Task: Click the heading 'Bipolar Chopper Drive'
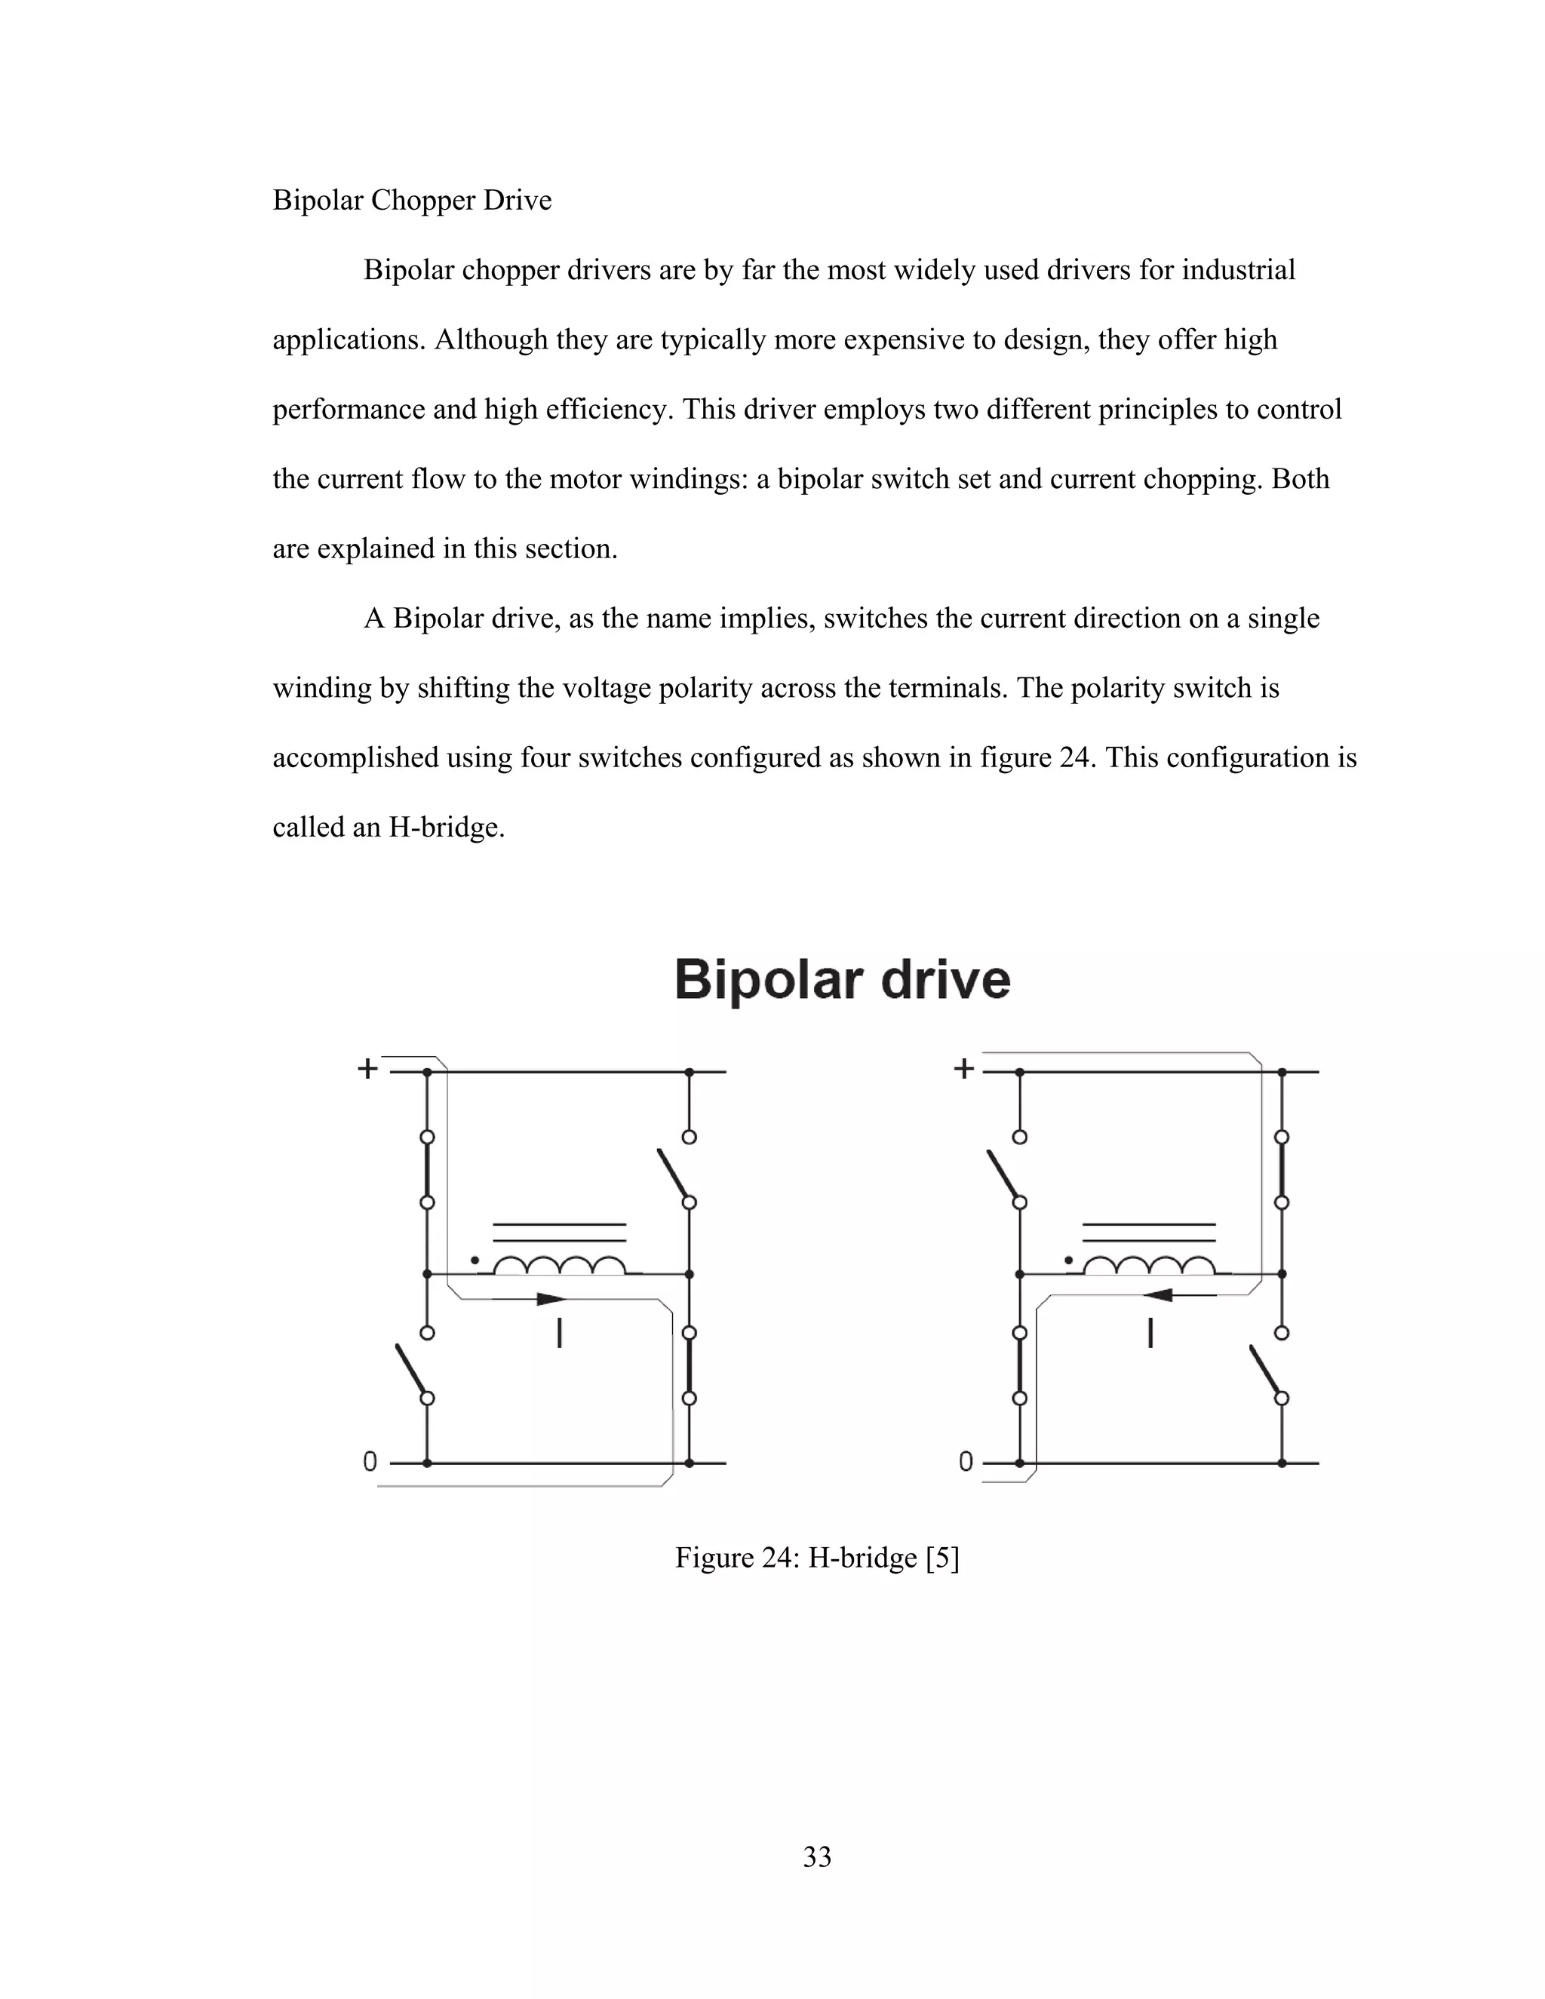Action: point(412,201)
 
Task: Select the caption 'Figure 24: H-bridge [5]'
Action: point(816,1557)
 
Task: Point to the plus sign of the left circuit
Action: point(367,1068)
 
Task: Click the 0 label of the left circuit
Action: point(370,1462)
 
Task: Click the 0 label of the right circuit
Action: point(966,1462)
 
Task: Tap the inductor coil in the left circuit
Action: point(559,1266)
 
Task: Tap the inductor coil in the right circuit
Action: point(1149,1266)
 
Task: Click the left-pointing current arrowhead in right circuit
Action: point(1159,1295)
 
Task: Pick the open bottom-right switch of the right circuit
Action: point(1267,1371)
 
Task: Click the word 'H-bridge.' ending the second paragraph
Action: point(447,828)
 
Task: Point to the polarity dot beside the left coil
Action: point(474,1261)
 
